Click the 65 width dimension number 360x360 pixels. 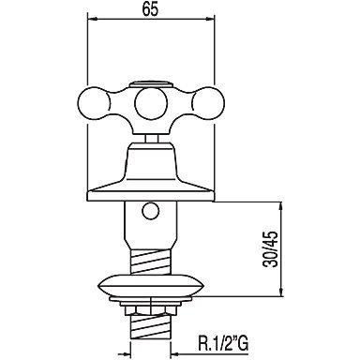pos(151,9)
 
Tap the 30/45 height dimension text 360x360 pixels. pos(270,249)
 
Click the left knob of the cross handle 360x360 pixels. pos(93,101)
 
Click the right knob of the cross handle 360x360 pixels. pos(208,101)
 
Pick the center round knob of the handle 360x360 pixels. pos(151,102)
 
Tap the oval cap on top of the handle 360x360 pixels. pos(151,84)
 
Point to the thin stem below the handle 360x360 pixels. pos(151,139)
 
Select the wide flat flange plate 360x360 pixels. pos(151,196)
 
